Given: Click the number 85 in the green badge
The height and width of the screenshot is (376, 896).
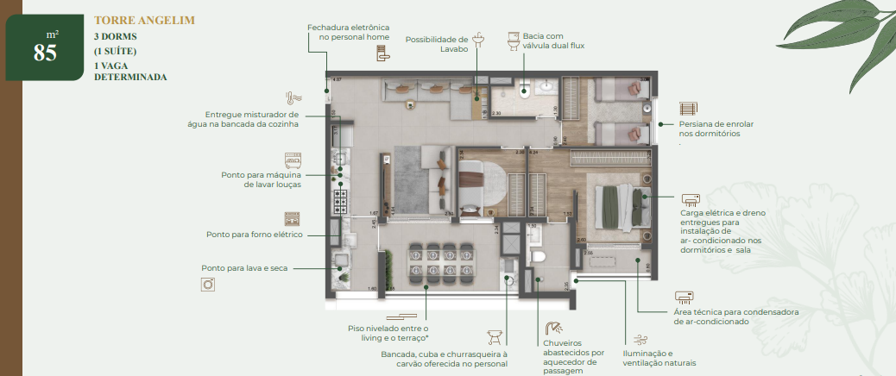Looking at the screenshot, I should (x=45, y=53).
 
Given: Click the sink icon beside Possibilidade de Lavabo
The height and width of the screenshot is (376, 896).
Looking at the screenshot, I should (x=482, y=41).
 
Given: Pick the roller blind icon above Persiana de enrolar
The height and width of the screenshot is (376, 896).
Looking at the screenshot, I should (x=688, y=109).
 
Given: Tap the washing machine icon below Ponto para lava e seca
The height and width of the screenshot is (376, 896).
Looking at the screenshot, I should (x=207, y=285).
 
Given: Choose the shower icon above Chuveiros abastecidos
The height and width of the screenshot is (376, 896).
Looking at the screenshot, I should (x=553, y=329).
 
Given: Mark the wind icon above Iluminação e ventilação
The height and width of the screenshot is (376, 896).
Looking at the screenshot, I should (x=640, y=340).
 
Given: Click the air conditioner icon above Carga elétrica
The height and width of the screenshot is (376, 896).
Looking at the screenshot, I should (x=691, y=198).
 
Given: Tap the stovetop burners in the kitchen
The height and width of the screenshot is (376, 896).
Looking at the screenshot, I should (x=340, y=202).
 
